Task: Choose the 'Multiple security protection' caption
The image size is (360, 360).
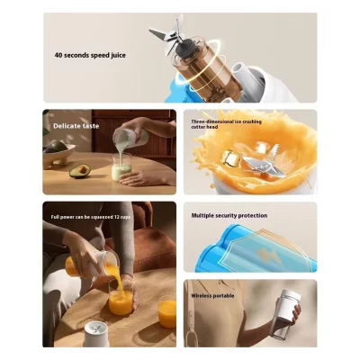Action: pos(230,216)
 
